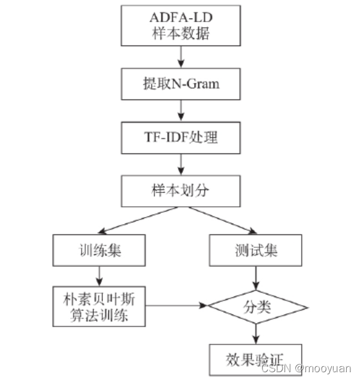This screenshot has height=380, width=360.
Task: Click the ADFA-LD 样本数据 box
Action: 180,25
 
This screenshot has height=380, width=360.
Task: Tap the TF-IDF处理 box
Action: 180,137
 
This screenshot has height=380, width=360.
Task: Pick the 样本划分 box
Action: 180,191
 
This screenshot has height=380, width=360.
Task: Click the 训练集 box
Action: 99,250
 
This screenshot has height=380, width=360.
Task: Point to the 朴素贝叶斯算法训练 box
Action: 99,306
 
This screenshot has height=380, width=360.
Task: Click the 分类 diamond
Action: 257,307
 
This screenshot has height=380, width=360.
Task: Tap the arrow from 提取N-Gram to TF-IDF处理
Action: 180,110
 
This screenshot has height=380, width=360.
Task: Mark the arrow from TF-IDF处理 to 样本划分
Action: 180,164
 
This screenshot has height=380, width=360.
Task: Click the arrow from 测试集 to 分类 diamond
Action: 257,277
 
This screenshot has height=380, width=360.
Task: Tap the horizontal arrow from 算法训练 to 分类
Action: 177,306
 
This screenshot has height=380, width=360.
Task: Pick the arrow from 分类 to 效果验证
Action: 257,333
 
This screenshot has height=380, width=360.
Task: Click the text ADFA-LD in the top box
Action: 180,16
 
